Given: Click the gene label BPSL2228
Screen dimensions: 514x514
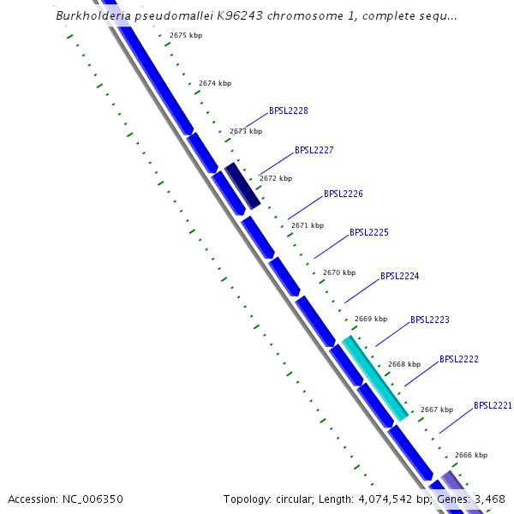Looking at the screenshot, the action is pos(289,111).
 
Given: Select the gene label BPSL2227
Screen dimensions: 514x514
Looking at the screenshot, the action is pos(314,150).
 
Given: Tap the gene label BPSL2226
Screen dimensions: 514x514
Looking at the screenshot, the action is pos(344,194).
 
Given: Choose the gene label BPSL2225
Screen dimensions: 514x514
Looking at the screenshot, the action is pos(369,232).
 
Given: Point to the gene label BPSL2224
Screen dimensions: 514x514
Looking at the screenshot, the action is pos(399,276).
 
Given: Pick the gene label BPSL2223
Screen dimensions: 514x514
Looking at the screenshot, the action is pos(430,320).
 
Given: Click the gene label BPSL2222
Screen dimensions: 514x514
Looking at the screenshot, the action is pos(459,359).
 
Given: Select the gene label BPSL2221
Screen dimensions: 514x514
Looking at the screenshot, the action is pos(493,405).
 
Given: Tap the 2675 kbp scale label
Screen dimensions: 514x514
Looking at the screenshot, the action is pos(186,35).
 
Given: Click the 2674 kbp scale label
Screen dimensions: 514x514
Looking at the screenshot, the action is pos(215,83).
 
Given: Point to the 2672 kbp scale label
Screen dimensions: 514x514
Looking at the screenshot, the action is pos(276,178).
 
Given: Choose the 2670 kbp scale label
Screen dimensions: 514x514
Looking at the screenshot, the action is pos(339,272).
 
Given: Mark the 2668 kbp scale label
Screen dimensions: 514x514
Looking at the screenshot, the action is pos(404,364).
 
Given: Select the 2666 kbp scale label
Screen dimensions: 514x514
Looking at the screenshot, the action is pos(471,455).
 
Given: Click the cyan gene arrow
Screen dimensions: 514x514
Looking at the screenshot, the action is pos(375,379).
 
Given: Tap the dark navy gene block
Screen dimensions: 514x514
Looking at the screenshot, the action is pos(242,185).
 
